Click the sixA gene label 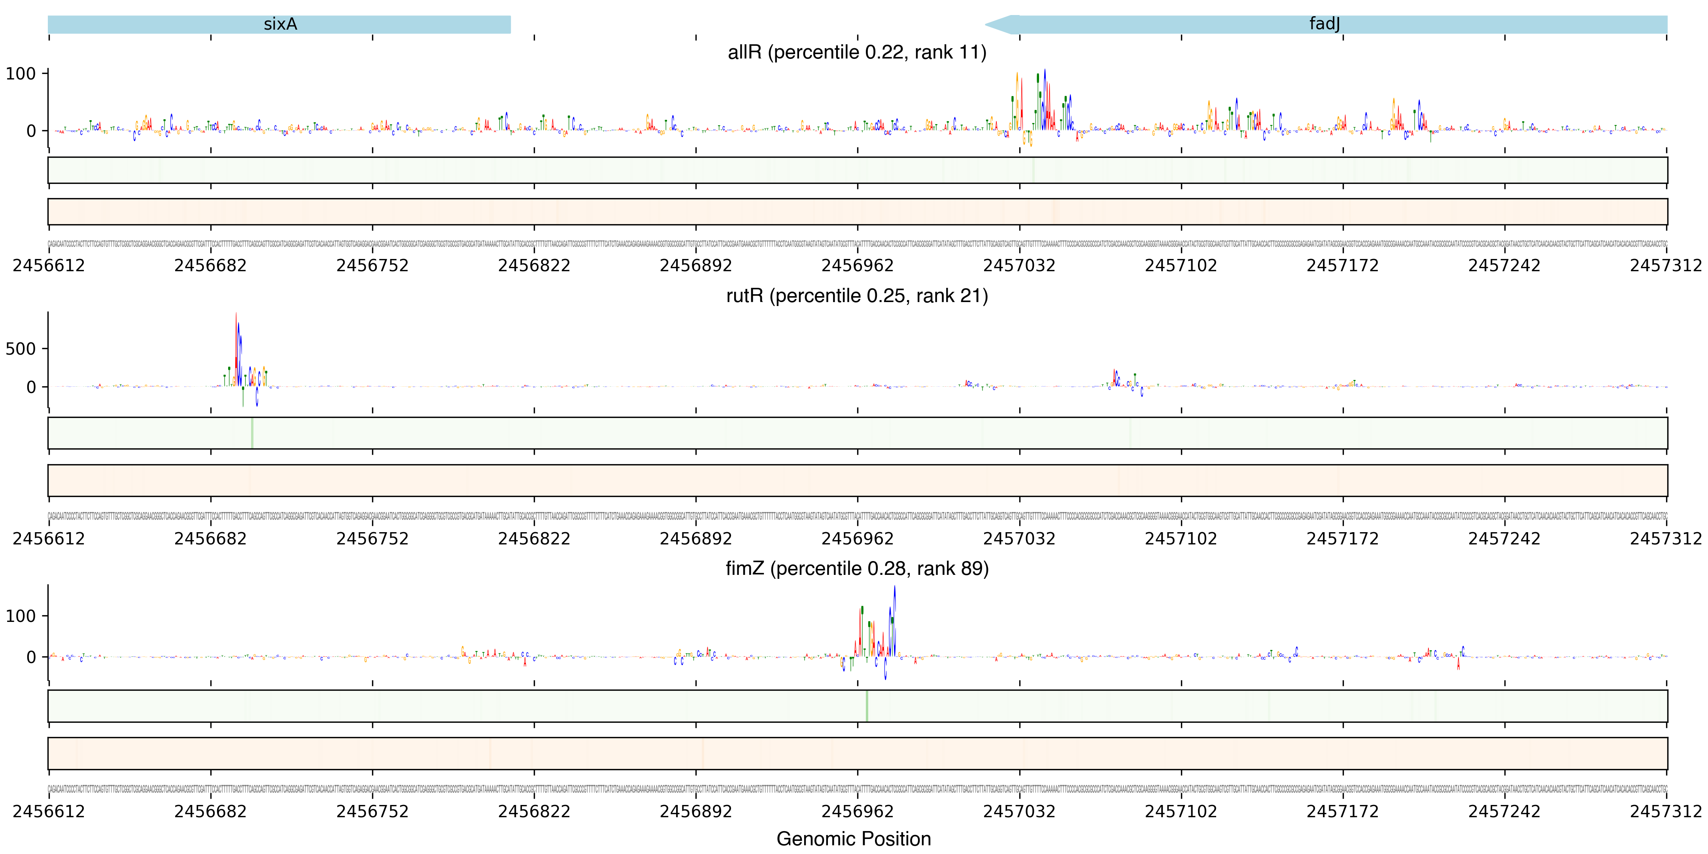280,25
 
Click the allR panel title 857,52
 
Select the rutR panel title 857,296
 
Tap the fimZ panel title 857,569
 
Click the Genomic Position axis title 853,839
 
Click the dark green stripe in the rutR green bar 252,433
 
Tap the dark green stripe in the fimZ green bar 867,706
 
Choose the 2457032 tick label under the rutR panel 1019,538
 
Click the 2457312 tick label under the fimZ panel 1666,812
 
